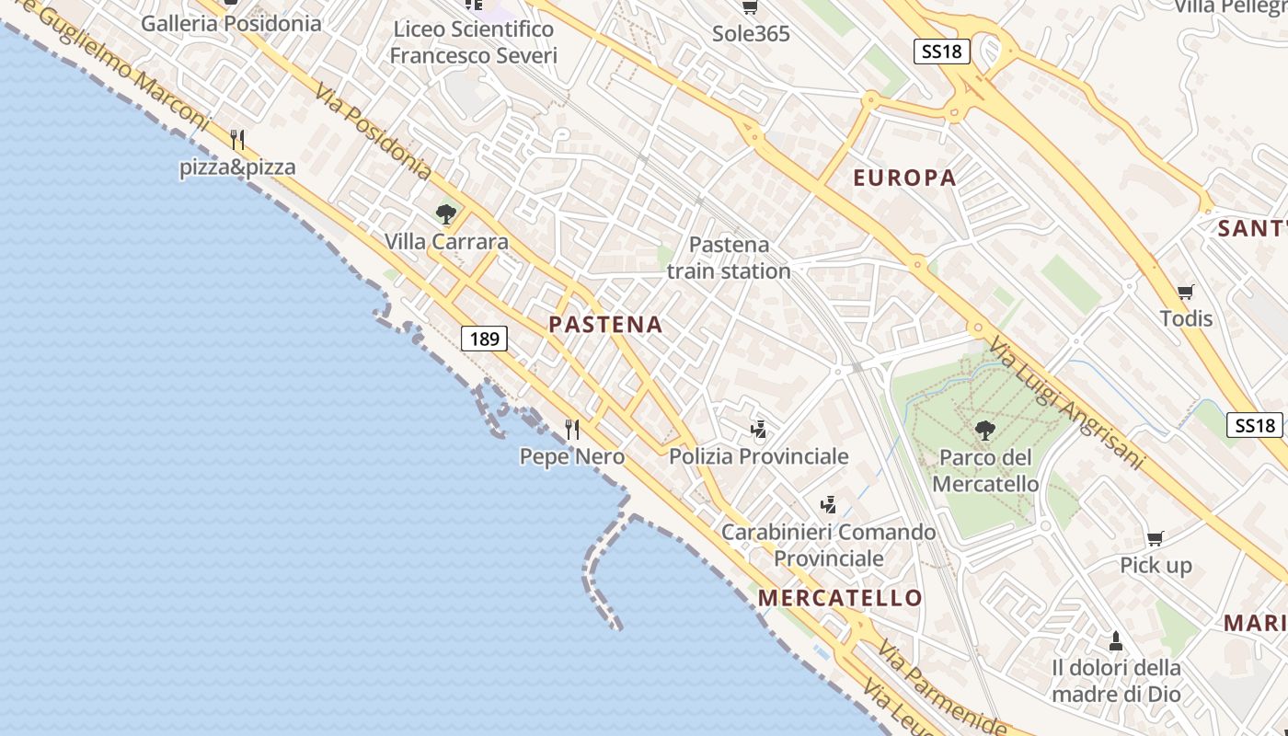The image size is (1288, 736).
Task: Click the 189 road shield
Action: [484, 339]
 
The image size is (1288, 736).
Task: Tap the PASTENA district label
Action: [605, 324]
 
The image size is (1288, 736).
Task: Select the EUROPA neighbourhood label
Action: [905, 178]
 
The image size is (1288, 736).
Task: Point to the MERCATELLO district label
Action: [840, 598]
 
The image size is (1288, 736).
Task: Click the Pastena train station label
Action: [729, 258]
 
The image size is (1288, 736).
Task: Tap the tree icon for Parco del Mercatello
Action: [984, 430]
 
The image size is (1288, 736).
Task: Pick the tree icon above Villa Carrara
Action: [446, 215]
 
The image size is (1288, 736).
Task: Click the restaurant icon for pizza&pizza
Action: [237, 140]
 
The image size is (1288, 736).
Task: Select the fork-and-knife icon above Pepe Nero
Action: [572, 429]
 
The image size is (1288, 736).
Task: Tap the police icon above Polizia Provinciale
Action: [758, 429]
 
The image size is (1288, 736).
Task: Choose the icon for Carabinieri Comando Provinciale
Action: [828, 504]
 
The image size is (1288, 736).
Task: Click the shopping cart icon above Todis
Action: [1186, 293]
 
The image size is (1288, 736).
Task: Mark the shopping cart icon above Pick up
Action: [1156, 538]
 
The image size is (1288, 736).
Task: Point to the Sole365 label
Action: [751, 34]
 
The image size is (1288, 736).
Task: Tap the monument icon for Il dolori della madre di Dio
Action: [1116, 640]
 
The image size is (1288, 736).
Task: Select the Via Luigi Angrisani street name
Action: [1067, 403]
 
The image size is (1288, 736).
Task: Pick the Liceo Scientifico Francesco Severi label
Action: [473, 42]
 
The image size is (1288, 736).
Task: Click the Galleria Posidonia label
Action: [231, 24]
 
